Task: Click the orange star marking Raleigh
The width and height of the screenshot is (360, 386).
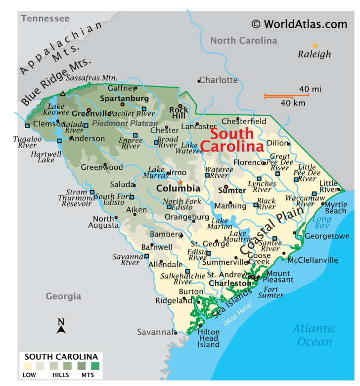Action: click(x=315, y=45)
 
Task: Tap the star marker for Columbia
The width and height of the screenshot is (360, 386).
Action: click(x=180, y=183)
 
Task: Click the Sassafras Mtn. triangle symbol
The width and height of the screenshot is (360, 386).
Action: click(x=62, y=94)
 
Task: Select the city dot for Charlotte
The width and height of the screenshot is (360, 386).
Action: click(x=199, y=81)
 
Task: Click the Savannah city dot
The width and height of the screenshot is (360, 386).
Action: click(x=176, y=333)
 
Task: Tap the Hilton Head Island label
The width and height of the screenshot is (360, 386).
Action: click(x=209, y=338)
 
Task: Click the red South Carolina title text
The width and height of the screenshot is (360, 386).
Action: click(x=232, y=140)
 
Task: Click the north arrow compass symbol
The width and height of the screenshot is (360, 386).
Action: click(x=61, y=327)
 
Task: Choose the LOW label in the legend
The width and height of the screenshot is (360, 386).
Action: click(x=29, y=375)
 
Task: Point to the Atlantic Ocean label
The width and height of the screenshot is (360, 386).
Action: click(x=314, y=335)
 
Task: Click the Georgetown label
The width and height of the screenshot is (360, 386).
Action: click(x=327, y=236)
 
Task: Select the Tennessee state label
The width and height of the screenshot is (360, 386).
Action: click(x=45, y=19)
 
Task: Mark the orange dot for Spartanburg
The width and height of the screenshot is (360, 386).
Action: click(x=122, y=104)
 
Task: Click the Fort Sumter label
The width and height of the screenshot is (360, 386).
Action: click(x=274, y=292)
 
